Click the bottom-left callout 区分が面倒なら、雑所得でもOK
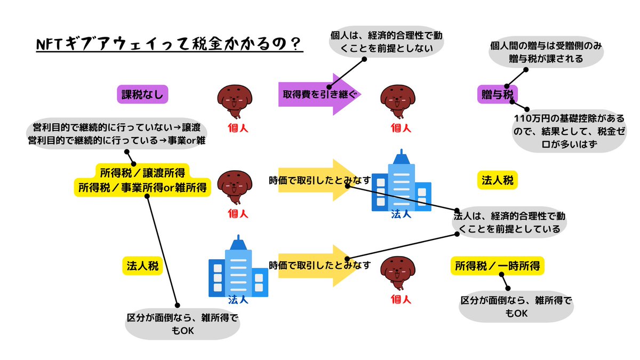point(182,324)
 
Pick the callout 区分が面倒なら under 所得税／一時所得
point(516,307)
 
